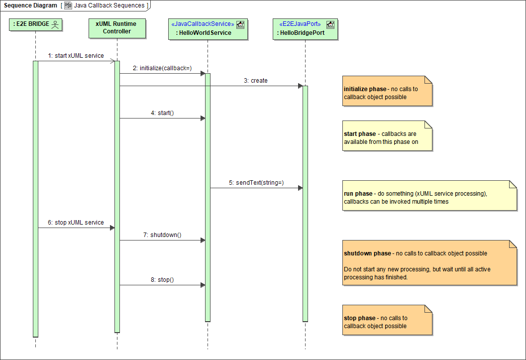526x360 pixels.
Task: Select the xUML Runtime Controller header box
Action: tap(117, 28)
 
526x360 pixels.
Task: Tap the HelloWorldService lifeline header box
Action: tap(208, 28)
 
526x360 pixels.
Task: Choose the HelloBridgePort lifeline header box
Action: tap(306, 28)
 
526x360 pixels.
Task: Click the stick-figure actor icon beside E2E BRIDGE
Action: tap(55, 24)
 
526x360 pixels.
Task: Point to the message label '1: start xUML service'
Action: tap(76, 56)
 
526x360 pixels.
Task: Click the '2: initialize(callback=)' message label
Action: tap(162, 68)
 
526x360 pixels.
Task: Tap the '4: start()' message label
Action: tap(162, 113)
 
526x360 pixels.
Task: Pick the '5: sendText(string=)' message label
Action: tap(256, 183)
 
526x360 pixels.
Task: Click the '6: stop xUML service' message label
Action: tap(76, 223)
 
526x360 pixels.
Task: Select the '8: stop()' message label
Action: tap(162, 280)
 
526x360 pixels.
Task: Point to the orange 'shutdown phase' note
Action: tap(429, 262)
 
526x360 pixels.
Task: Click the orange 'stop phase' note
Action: tap(387, 320)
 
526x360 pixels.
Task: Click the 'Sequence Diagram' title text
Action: tap(30, 5)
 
